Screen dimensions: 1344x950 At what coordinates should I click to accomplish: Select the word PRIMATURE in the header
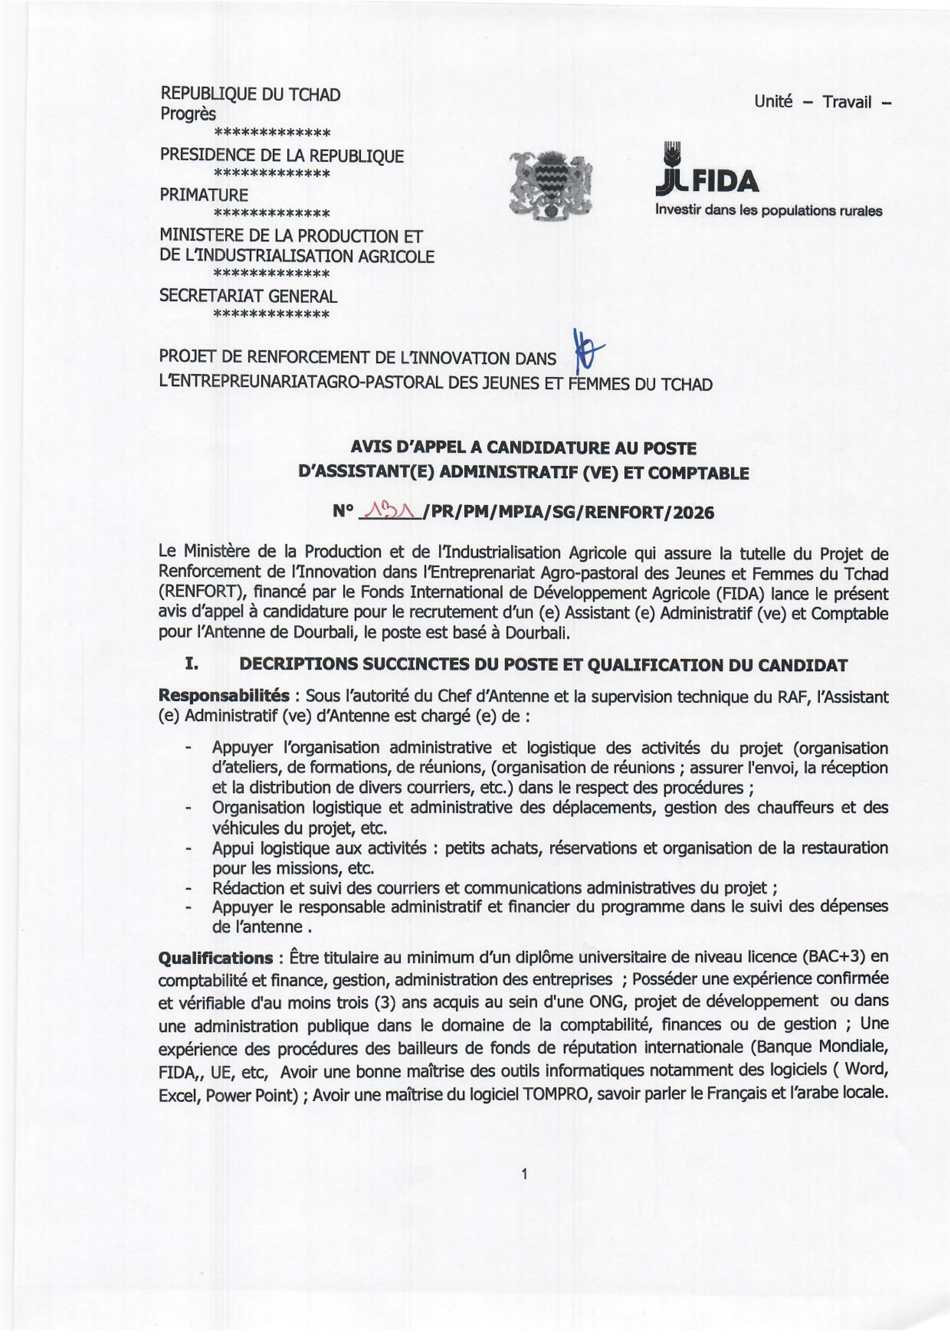tap(203, 195)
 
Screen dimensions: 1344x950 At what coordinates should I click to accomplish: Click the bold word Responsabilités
tap(224, 696)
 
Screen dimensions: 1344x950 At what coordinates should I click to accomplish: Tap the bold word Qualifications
tap(216, 958)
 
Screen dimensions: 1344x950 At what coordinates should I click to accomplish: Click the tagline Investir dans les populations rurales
tap(768, 211)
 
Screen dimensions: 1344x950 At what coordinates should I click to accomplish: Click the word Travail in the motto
tap(847, 102)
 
